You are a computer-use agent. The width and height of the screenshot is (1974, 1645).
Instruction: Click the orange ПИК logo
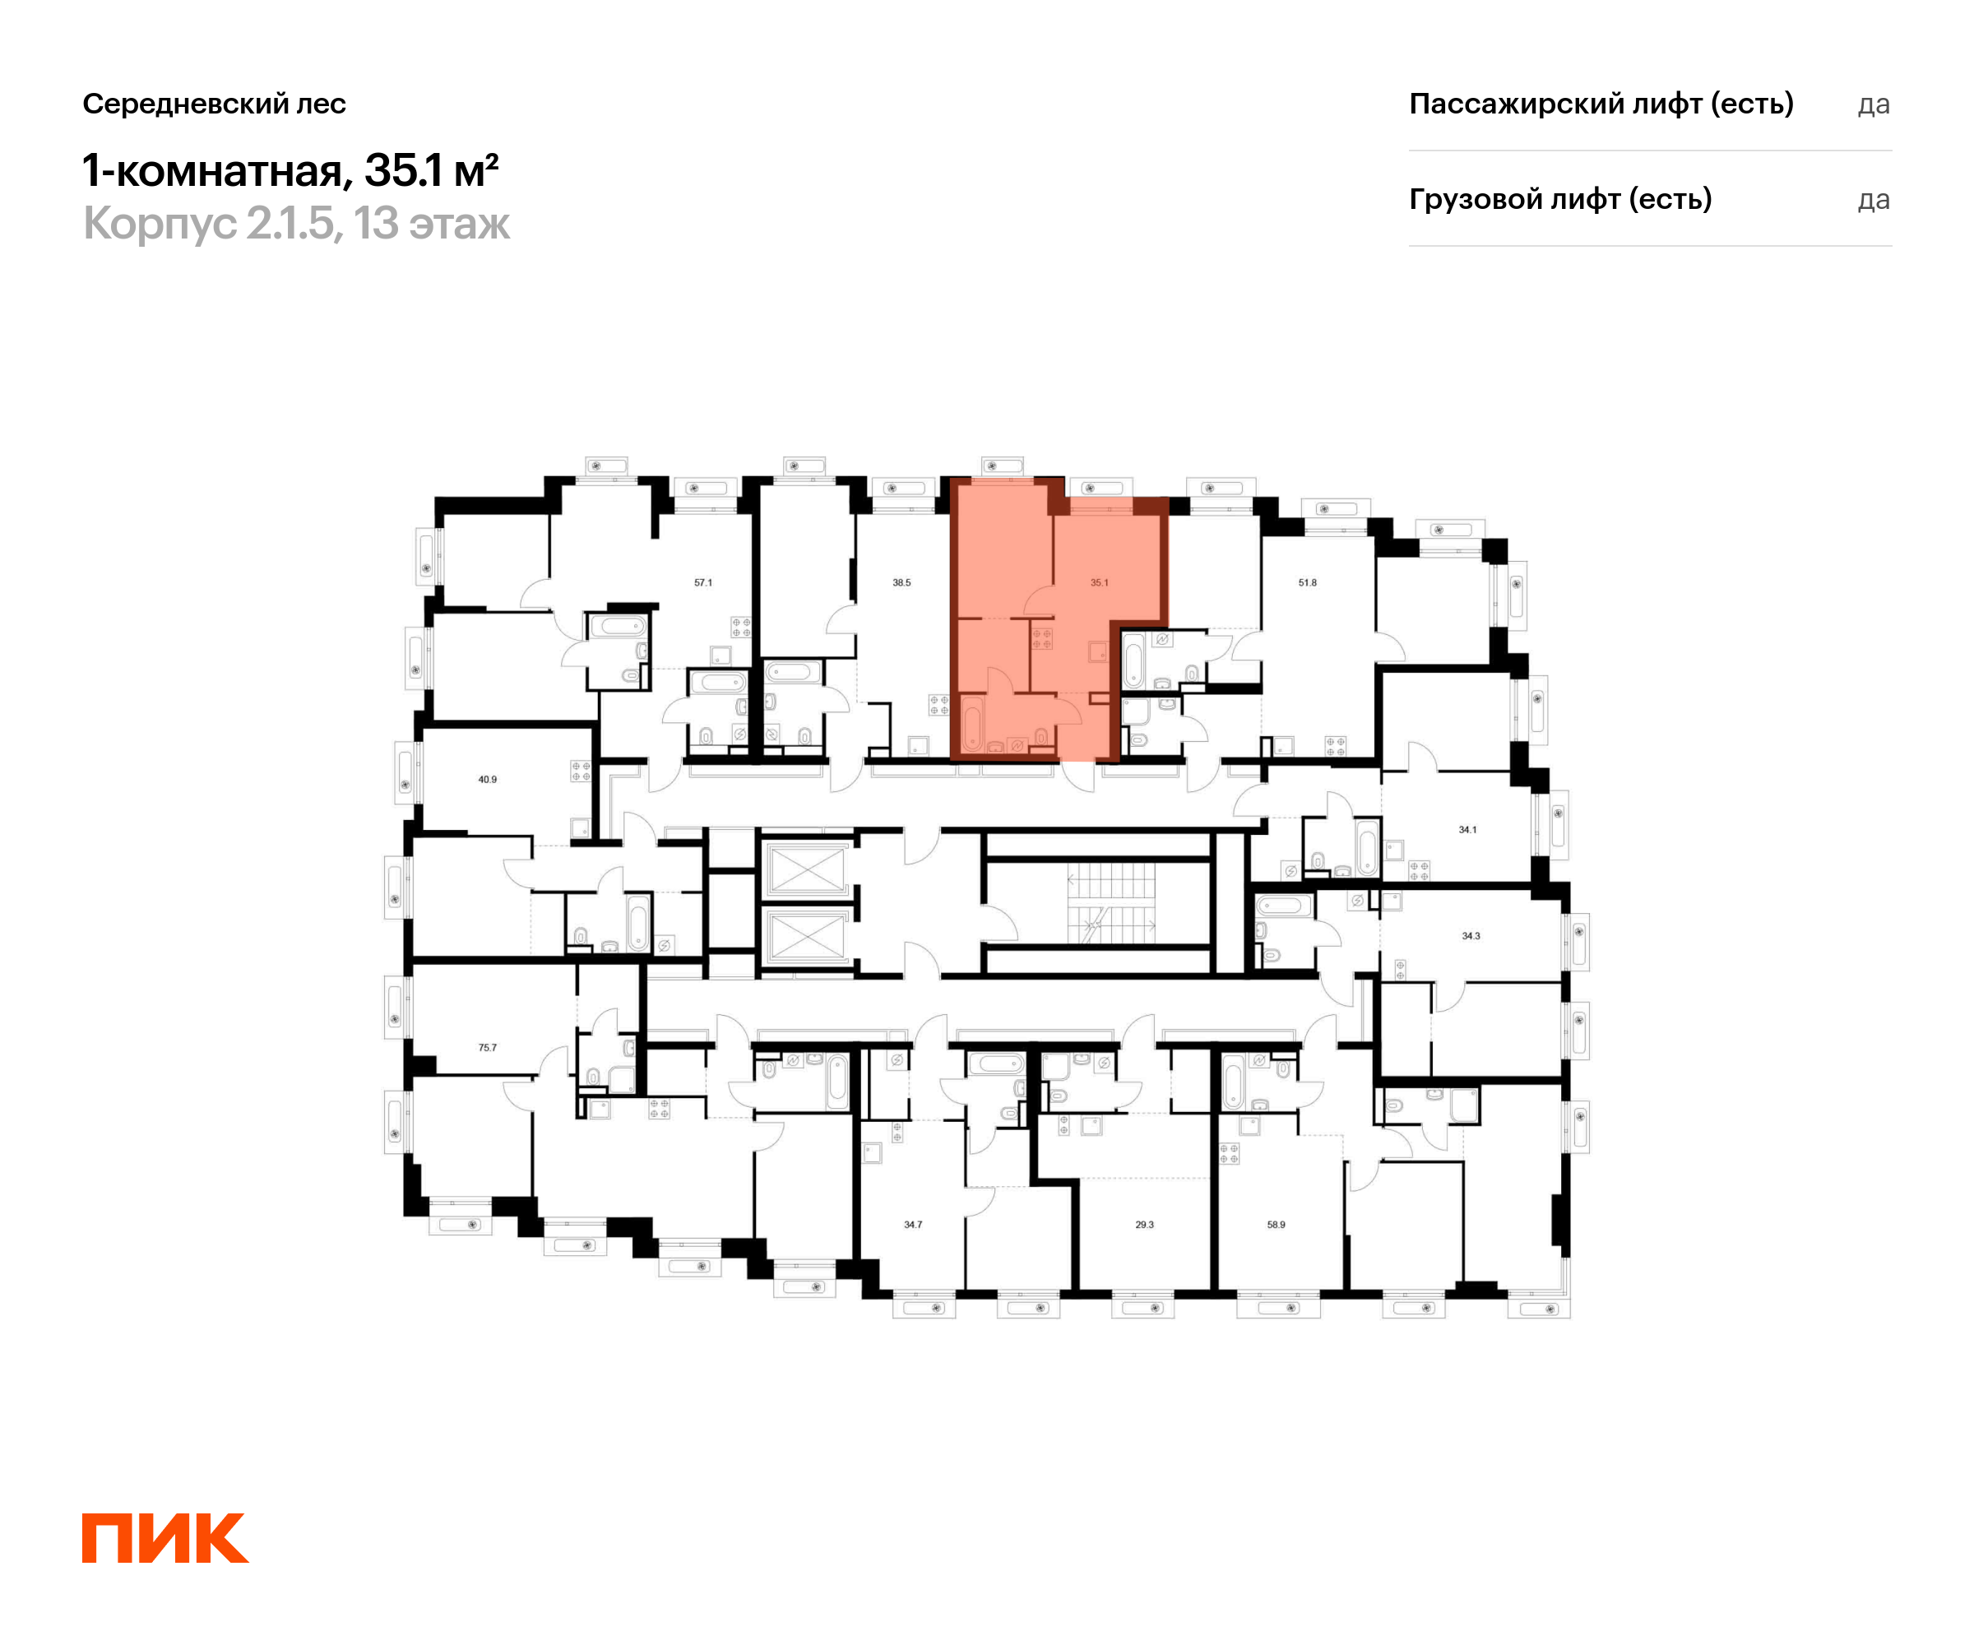(x=164, y=1538)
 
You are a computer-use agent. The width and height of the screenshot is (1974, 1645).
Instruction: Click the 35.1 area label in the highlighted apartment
(x=1099, y=583)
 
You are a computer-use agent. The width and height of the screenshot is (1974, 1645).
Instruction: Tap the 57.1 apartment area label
(x=703, y=583)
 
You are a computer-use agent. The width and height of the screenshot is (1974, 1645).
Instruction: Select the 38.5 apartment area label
(x=901, y=583)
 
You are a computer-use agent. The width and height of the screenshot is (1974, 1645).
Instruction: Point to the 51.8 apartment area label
(x=1308, y=583)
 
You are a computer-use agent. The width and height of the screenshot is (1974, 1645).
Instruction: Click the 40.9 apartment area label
(x=487, y=779)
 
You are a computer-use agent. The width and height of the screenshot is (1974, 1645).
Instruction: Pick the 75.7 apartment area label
(x=487, y=1047)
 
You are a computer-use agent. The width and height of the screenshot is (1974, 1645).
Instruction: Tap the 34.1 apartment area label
(x=1467, y=830)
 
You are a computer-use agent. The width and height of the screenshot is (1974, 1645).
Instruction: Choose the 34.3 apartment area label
(x=1471, y=936)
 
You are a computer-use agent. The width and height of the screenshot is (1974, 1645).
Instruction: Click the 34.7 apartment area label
(x=913, y=1225)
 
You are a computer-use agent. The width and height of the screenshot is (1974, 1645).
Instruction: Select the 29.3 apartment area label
(x=1144, y=1225)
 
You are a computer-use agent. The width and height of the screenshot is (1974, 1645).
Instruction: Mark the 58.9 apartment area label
(x=1276, y=1225)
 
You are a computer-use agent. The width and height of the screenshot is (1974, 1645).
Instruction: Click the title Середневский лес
(x=215, y=104)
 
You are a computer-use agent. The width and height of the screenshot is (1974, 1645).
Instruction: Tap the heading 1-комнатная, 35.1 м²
(x=290, y=171)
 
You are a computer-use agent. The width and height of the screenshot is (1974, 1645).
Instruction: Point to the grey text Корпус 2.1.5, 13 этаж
(x=296, y=224)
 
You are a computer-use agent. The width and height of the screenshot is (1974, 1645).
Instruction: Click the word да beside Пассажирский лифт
(x=1874, y=105)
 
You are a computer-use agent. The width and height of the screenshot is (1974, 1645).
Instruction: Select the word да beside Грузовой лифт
(x=1874, y=200)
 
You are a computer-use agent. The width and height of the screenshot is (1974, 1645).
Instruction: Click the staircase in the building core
(x=1111, y=903)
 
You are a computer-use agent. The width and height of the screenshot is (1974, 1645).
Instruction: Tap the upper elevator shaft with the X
(x=807, y=869)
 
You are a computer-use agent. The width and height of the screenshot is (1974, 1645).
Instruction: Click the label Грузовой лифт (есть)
(x=1560, y=199)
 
